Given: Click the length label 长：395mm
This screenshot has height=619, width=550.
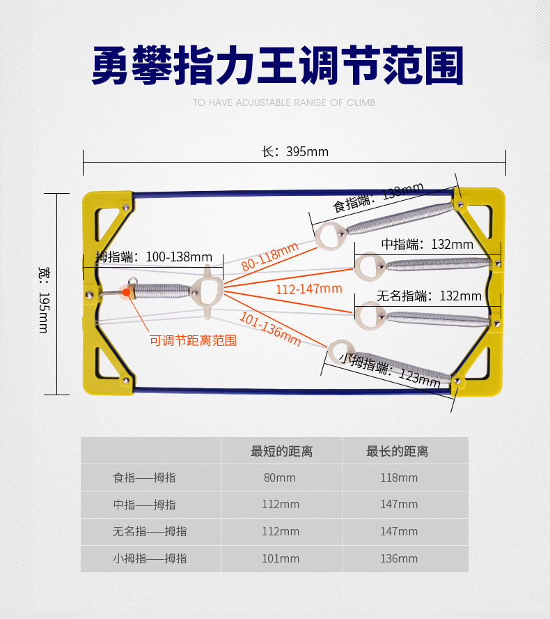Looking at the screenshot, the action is click(x=294, y=152).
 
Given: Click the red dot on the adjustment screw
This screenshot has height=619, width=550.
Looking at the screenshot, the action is click(x=126, y=292).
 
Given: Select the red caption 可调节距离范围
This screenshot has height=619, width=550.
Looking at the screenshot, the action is click(x=193, y=340).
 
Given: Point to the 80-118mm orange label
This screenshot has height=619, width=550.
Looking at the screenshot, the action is click(x=269, y=256).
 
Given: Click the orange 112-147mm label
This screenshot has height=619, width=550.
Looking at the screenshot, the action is click(x=309, y=289).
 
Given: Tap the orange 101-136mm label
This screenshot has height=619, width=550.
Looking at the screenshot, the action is click(x=270, y=328).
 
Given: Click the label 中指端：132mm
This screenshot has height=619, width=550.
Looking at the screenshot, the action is click(x=427, y=244).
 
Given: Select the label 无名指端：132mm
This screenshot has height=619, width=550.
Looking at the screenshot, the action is click(x=429, y=296).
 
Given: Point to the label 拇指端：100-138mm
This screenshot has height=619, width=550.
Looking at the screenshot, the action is click(x=154, y=257).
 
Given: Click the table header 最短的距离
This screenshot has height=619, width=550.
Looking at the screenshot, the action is click(x=281, y=451).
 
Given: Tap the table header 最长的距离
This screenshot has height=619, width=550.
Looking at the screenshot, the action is click(x=398, y=451).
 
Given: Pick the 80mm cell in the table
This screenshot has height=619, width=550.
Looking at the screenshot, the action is click(x=281, y=477).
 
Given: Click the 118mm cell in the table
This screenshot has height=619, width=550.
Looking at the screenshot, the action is click(x=399, y=477).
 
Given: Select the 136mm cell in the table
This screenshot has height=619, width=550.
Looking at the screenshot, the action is click(x=399, y=558).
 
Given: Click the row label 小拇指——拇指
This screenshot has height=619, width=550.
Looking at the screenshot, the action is click(x=150, y=558).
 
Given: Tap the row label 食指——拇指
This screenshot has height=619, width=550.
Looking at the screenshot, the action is click(x=144, y=477).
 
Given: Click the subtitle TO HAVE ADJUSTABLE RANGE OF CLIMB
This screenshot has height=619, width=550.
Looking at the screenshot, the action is click(x=284, y=102).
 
